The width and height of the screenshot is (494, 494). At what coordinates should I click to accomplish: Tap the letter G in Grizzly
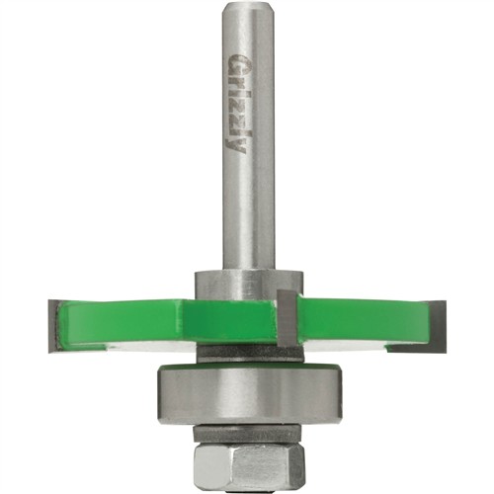236,61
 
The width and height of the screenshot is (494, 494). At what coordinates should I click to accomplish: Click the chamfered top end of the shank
247,7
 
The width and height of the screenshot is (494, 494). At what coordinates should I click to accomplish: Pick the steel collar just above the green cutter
249,286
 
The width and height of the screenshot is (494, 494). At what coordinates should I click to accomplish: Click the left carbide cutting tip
54,326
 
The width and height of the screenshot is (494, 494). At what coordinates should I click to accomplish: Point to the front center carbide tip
288,318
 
